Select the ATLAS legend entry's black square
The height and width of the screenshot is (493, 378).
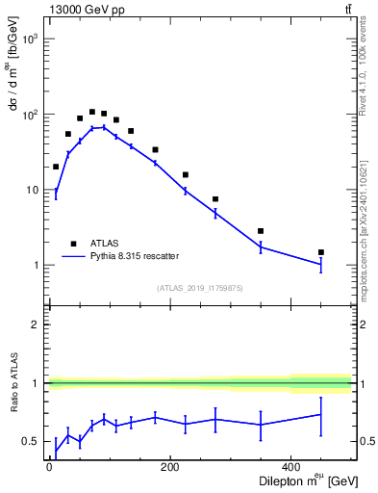pyautogui.click(x=73, y=244)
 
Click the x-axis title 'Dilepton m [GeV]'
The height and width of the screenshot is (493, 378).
pyautogui.click(x=307, y=482)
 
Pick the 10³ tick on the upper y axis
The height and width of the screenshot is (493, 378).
pyautogui.click(x=31, y=39)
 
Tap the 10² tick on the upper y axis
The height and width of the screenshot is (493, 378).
pyautogui.click(x=31, y=115)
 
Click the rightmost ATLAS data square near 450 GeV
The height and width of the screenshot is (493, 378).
pyautogui.click(x=321, y=252)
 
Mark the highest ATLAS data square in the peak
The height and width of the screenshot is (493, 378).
pyautogui.click(x=92, y=112)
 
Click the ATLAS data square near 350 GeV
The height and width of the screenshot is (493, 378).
pyautogui.click(x=261, y=231)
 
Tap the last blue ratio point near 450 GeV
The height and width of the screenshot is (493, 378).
pyautogui.click(x=321, y=415)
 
